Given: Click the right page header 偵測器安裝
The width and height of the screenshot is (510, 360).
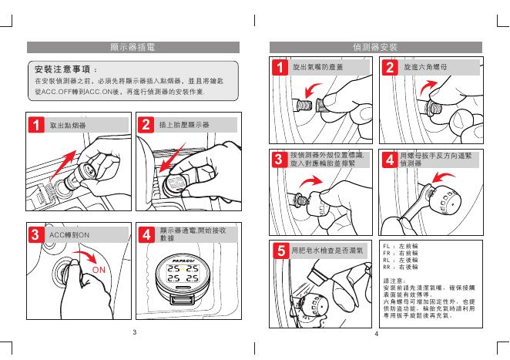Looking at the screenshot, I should (x=374, y=48).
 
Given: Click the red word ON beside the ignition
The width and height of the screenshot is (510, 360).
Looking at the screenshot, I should (x=99, y=271).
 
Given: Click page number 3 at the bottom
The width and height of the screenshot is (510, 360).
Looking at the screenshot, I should (x=133, y=334).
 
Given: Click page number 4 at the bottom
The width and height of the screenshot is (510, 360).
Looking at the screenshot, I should (x=375, y=334).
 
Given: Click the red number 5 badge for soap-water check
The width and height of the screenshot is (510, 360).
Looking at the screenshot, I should (x=282, y=250).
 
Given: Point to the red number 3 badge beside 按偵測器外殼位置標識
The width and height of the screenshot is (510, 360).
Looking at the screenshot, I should (x=278, y=160).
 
